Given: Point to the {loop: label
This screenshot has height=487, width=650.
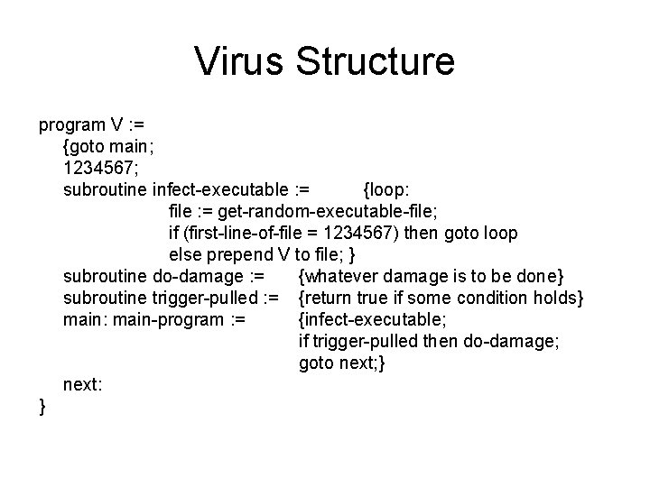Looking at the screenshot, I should [386, 188].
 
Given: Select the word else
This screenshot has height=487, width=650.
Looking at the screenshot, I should [185, 254].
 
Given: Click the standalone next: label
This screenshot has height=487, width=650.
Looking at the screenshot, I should [82, 384].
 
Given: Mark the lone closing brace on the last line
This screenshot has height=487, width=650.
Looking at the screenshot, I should [42, 407].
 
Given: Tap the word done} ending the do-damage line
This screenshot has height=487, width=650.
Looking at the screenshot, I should [540, 276].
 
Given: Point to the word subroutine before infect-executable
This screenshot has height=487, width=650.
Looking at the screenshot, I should [106, 188].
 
